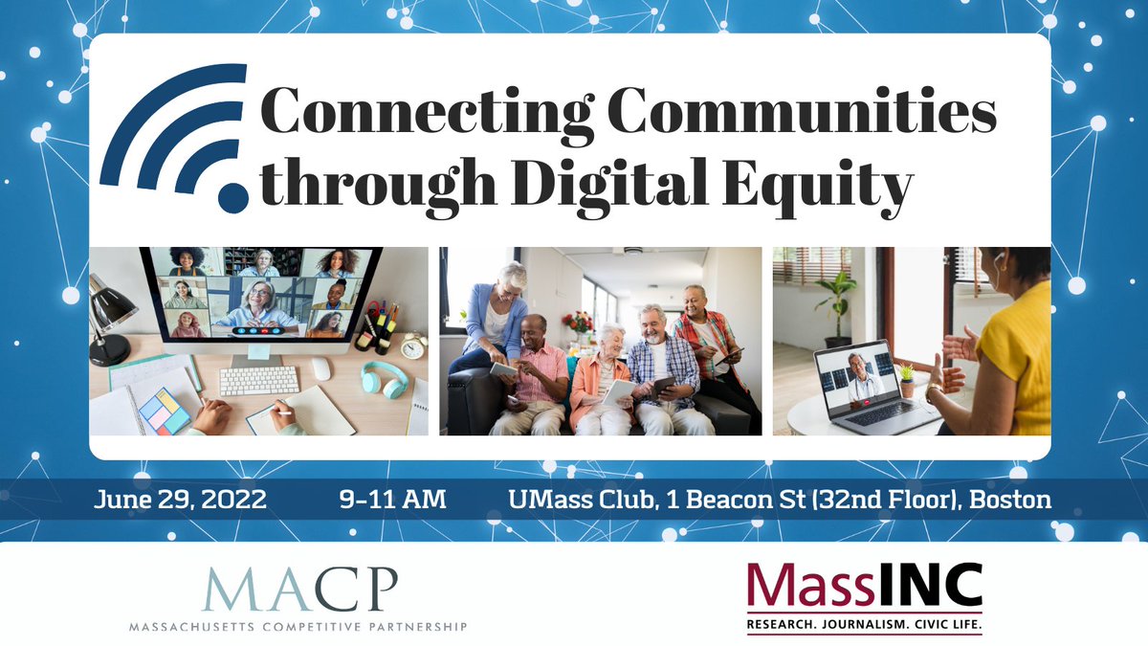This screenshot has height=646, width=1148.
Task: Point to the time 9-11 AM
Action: pyautogui.click(x=392, y=500)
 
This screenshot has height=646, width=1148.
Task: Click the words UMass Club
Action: pyautogui.click(x=575, y=500)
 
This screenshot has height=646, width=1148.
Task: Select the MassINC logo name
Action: pyautogui.click(x=865, y=586)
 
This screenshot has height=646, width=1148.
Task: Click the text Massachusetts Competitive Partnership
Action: pyautogui.click(x=298, y=627)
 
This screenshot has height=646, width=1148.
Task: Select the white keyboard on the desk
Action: pyautogui.click(x=259, y=380)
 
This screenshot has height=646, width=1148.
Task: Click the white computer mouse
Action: pyautogui.click(x=322, y=368)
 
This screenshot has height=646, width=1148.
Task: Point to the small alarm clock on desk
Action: pyautogui.click(x=413, y=345)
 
